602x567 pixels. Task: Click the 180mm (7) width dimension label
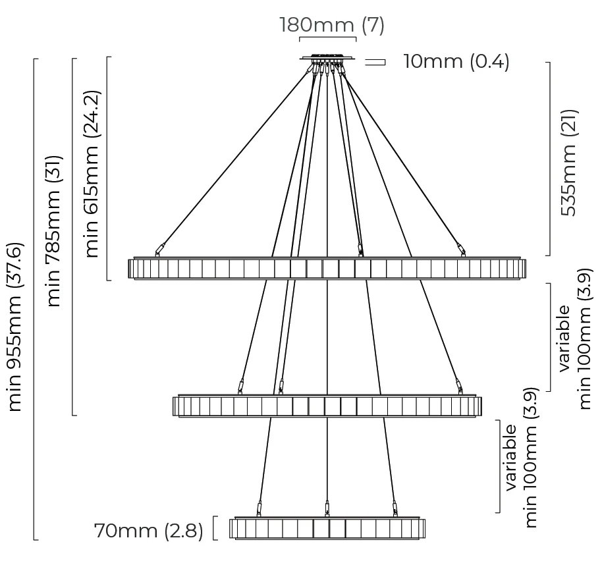pyautogui.click(x=331, y=25)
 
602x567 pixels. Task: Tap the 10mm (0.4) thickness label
pyautogui.click(x=456, y=62)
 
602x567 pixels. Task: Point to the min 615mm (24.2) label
pyautogui.click(x=92, y=173)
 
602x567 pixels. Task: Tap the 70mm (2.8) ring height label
pyautogui.click(x=149, y=531)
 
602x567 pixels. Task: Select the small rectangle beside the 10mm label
pyautogui.click(x=375, y=63)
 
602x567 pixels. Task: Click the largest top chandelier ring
pyautogui.click(x=327, y=268)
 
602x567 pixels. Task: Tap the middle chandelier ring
pyautogui.click(x=327, y=406)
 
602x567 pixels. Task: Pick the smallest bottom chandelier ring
pyautogui.click(x=327, y=529)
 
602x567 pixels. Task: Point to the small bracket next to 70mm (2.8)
pyautogui.click(x=215, y=529)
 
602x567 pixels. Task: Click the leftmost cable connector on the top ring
pyautogui.click(x=157, y=250)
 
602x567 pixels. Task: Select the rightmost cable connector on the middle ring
pyautogui.click(x=456, y=385)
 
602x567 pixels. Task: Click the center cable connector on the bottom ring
pyautogui.click(x=327, y=508)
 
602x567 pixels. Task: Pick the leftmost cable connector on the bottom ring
pyautogui.click(x=259, y=508)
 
